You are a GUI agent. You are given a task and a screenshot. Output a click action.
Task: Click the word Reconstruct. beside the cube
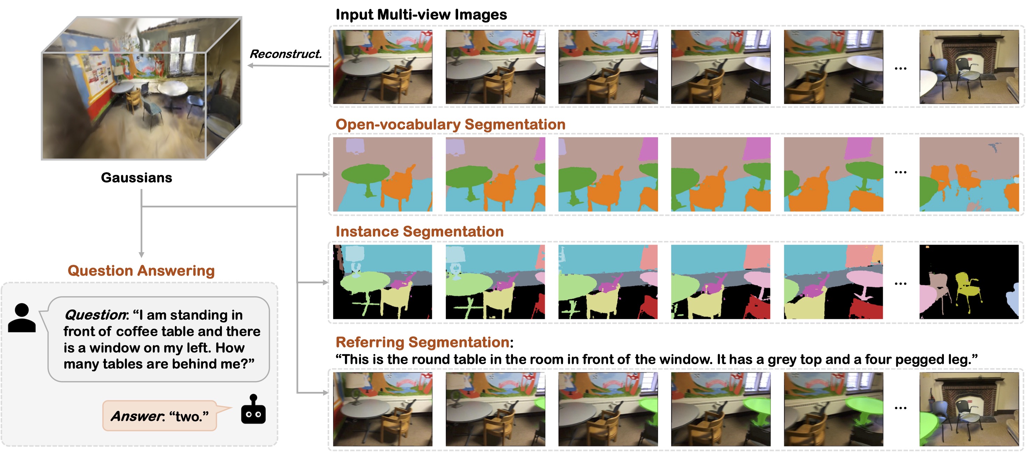(x=285, y=54)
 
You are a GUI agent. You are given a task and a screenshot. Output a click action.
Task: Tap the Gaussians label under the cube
(x=136, y=177)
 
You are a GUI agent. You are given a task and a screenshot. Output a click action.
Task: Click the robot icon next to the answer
(x=253, y=410)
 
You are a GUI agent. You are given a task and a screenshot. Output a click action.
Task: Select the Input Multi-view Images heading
(x=421, y=15)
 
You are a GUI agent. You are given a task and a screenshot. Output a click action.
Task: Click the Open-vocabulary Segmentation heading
(x=450, y=124)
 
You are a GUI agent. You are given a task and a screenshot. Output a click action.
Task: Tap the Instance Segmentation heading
(x=419, y=231)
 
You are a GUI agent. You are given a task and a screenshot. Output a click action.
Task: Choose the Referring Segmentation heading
(x=422, y=342)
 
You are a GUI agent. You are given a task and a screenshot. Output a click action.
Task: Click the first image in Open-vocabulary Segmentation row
(x=382, y=174)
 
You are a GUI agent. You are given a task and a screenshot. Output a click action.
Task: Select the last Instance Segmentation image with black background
(x=969, y=282)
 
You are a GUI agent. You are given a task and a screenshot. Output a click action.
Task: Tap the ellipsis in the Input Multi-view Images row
(x=901, y=68)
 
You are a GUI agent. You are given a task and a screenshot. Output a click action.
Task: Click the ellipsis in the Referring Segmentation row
(x=901, y=408)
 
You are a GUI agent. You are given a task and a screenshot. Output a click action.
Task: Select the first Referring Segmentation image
(x=382, y=409)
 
